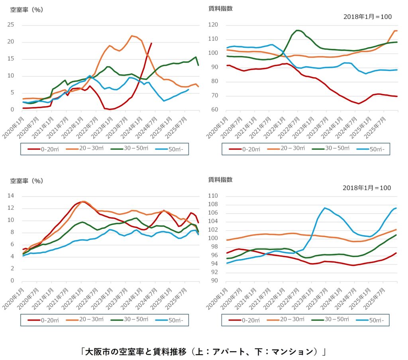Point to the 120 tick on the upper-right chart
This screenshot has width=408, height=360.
213,25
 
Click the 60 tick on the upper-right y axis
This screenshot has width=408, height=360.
215,110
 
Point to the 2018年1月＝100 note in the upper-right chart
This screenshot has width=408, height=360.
367,17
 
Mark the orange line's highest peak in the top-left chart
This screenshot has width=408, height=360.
132,36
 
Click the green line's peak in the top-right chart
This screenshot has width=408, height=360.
297,30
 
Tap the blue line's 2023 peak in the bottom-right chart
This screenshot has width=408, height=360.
325,208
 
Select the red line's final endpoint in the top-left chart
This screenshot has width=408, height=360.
151,43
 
